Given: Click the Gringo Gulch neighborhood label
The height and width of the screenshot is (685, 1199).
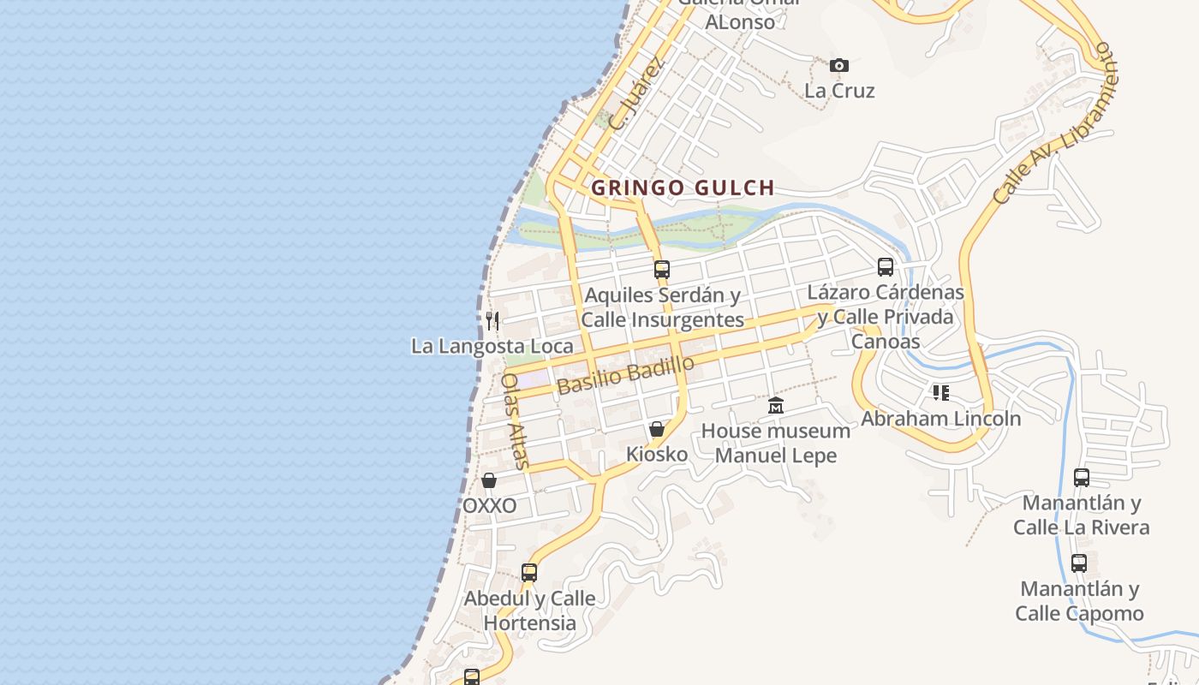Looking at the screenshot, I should tap(683, 188).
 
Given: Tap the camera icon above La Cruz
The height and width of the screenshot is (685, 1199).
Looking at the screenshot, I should tap(839, 65).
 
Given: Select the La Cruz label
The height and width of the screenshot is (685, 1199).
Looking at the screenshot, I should tap(839, 90).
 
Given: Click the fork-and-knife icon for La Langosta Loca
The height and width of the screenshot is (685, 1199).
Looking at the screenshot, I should tap(492, 321).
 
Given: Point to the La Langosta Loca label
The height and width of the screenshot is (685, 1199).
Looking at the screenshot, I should tap(492, 346).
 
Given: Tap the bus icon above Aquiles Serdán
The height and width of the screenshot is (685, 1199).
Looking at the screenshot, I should tap(661, 270).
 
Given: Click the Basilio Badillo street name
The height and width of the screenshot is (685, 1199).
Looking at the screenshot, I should tap(625, 375).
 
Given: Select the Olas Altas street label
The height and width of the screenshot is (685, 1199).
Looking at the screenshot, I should tap(516, 420).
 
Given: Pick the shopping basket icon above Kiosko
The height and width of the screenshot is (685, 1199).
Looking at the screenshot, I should tap(657, 429).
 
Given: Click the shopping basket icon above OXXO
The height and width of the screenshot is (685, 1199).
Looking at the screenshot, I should tap(489, 480).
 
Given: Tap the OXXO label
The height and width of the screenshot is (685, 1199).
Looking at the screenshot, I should tap(489, 505).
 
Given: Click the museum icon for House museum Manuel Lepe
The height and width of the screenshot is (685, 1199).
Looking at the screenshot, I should tap(776, 405).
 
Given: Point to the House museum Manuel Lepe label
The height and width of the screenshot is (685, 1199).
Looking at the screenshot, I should tap(776, 443).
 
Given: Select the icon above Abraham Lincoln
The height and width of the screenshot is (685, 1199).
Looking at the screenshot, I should tap(941, 393).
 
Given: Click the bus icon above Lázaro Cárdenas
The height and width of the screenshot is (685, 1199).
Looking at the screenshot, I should tap(886, 267).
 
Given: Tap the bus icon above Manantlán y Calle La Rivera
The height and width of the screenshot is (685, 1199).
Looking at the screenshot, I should tap(1082, 477).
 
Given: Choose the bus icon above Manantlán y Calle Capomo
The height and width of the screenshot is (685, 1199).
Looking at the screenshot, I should tap(1079, 563).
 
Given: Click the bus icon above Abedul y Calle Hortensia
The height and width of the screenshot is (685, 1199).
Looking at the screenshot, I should tap(529, 573).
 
